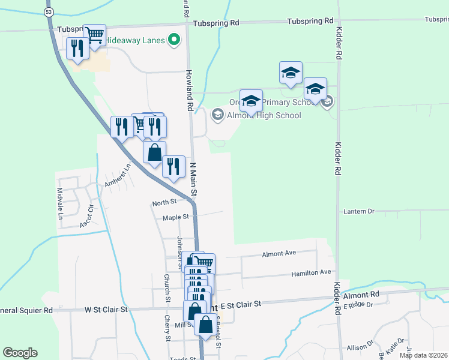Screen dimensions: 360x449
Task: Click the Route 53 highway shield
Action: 49,12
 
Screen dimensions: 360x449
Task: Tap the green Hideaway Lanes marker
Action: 175,40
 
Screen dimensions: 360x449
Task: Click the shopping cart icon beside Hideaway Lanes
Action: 94,35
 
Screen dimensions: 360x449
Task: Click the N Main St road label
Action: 194,178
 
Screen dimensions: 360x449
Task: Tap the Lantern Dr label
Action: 358,212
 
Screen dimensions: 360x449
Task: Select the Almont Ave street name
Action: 279,254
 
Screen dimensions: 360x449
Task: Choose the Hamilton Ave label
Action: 311,272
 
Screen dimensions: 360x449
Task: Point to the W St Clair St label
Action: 106,310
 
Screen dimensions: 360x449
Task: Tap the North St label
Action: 164,203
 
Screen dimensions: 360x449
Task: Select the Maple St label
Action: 175,217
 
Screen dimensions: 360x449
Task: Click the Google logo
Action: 20,353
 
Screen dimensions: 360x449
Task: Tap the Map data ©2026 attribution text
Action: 423,355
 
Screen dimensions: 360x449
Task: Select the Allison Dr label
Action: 360,348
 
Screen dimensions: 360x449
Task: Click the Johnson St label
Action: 179,248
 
